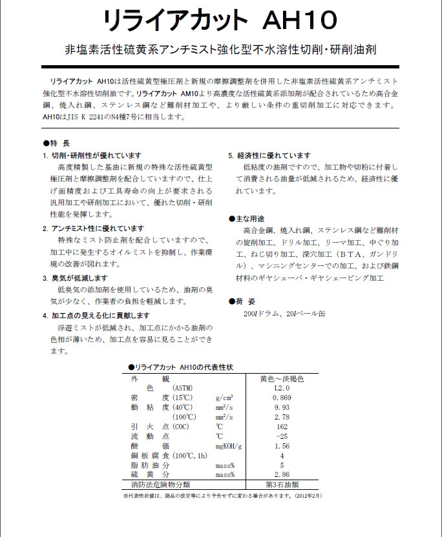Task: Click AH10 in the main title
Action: [x=300, y=21]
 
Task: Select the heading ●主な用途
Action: [x=246, y=219]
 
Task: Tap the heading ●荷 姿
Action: [x=243, y=301]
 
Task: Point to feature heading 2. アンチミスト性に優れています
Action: [x=94, y=228]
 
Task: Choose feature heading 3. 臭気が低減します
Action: [x=75, y=278]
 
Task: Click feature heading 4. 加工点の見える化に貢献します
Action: [x=96, y=316]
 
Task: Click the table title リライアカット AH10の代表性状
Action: [x=180, y=367]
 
